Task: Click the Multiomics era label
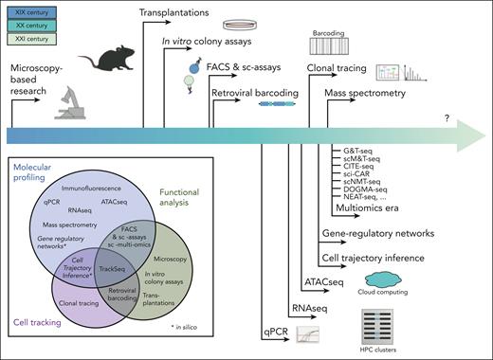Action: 368,206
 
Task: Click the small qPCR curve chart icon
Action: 307,334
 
